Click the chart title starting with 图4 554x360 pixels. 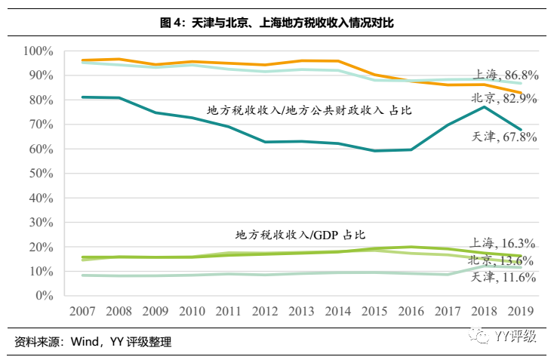(x=277, y=23)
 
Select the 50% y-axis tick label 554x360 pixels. (x=40, y=174)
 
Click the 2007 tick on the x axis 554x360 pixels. (x=82, y=311)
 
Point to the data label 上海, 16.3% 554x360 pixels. (x=502, y=243)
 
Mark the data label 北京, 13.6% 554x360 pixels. (x=502, y=260)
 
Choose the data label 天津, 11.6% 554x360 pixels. (x=503, y=278)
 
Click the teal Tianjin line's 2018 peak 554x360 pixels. (x=484, y=107)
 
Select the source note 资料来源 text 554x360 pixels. (x=93, y=343)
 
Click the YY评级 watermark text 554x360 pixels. (x=516, y=335)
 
